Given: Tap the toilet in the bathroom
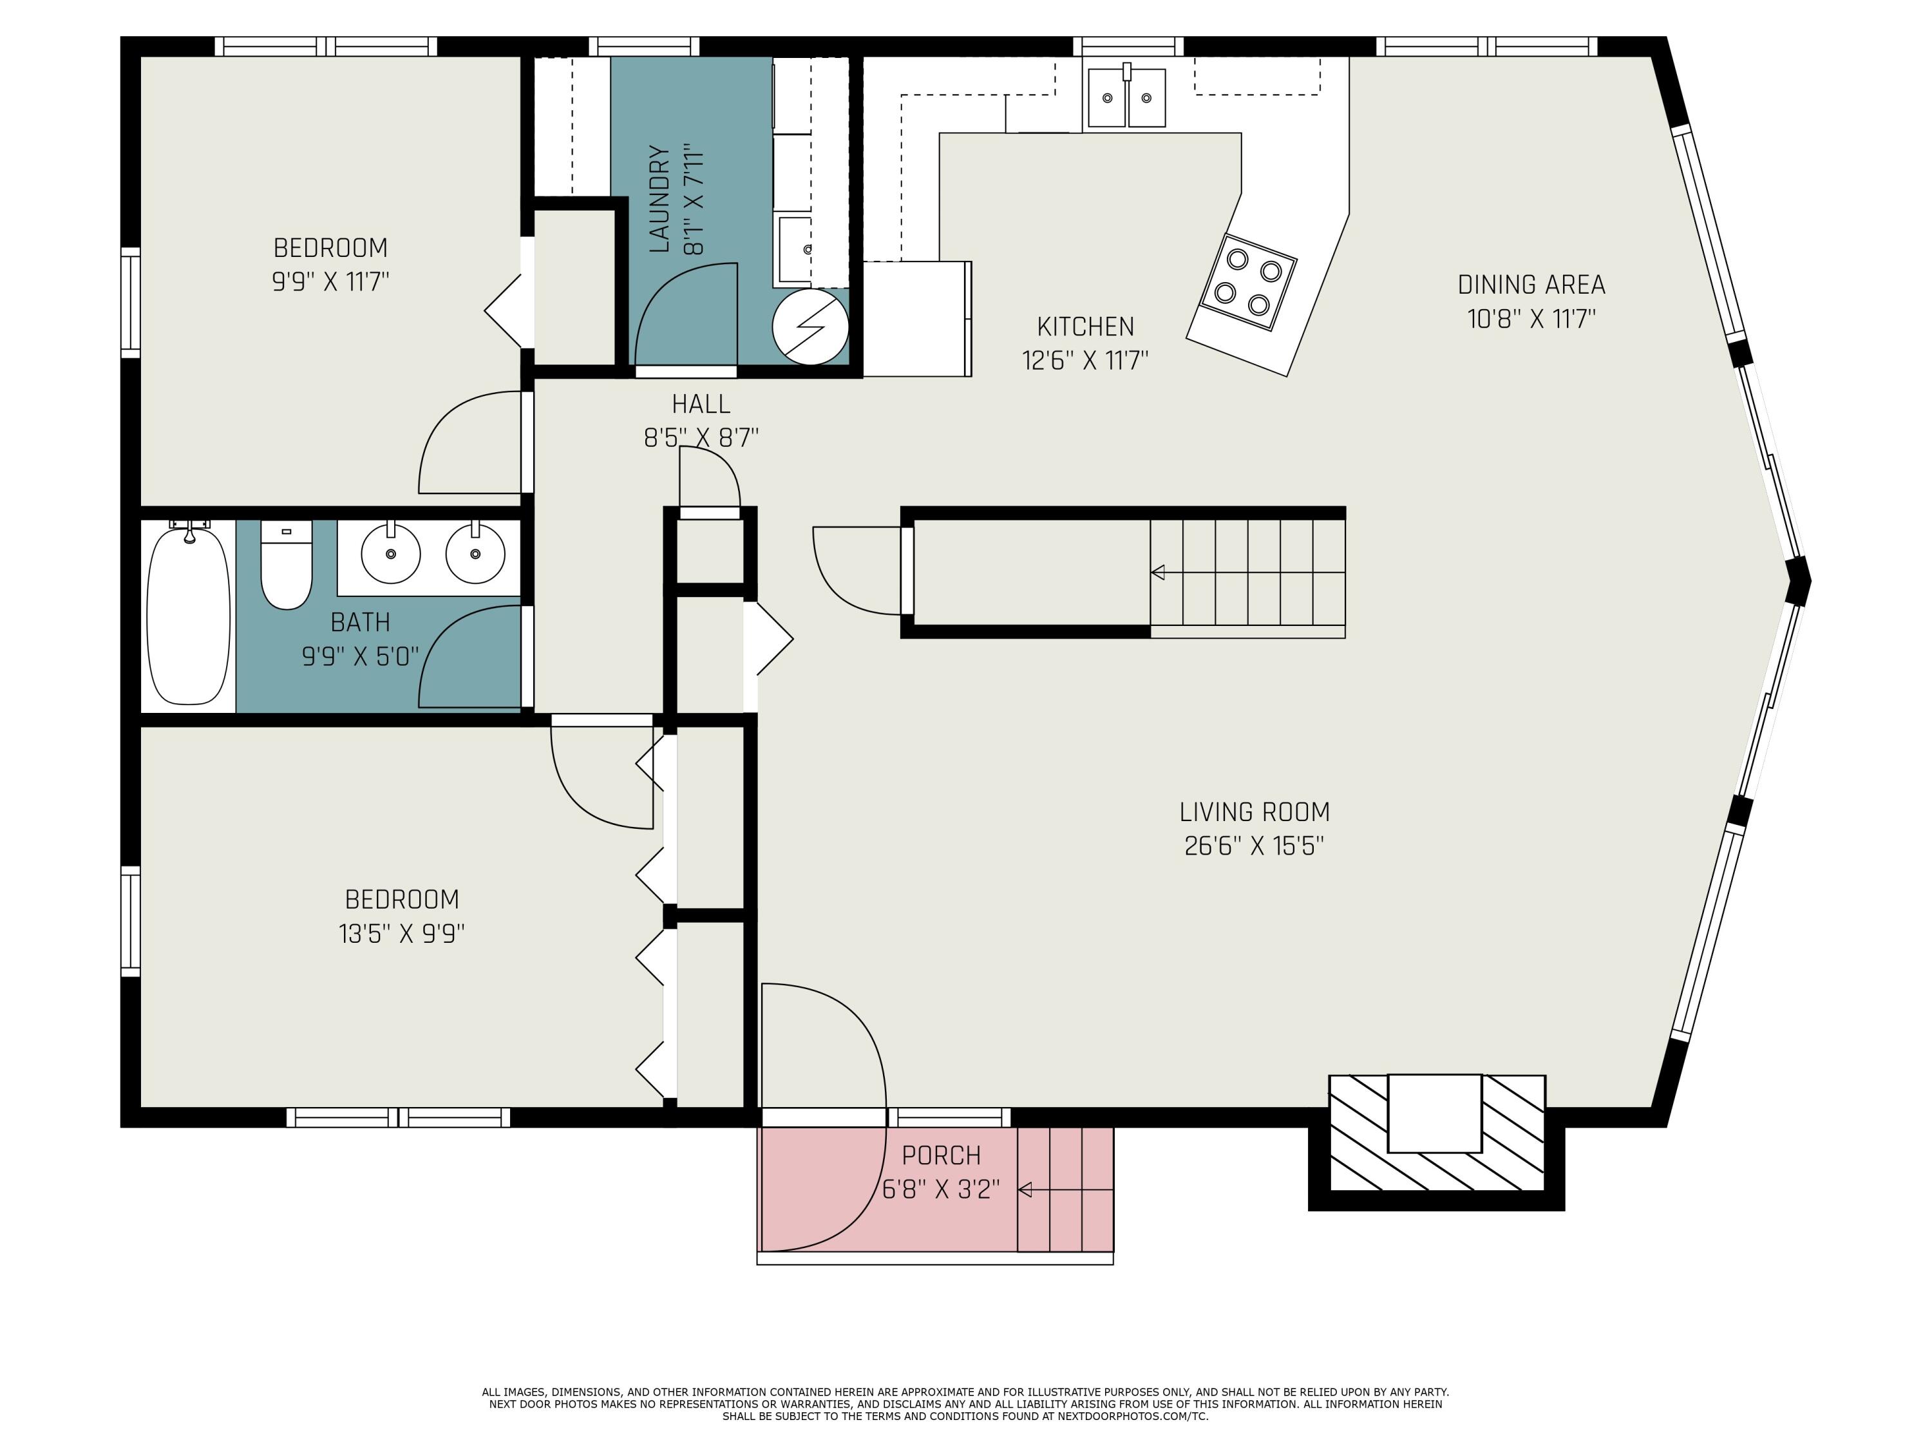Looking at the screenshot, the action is coord(287,564).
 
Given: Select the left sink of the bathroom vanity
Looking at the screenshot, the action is coord(390,554).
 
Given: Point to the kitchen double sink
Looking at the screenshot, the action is coord(1127,98).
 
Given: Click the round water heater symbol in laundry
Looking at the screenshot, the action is coord(811,327).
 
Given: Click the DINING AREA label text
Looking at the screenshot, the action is coord(1531,285).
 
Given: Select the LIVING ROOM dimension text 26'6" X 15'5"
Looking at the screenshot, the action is coord(1255,846).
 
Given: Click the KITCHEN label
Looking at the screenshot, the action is coord(1086,327).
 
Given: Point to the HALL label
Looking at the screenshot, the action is coord(701,404).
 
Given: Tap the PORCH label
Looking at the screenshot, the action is coord(942,1155).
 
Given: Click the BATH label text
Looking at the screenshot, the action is coord(360,622).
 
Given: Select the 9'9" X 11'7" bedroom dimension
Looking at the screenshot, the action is coord(330,282).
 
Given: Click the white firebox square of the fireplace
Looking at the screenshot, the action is coord(1435,1113).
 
